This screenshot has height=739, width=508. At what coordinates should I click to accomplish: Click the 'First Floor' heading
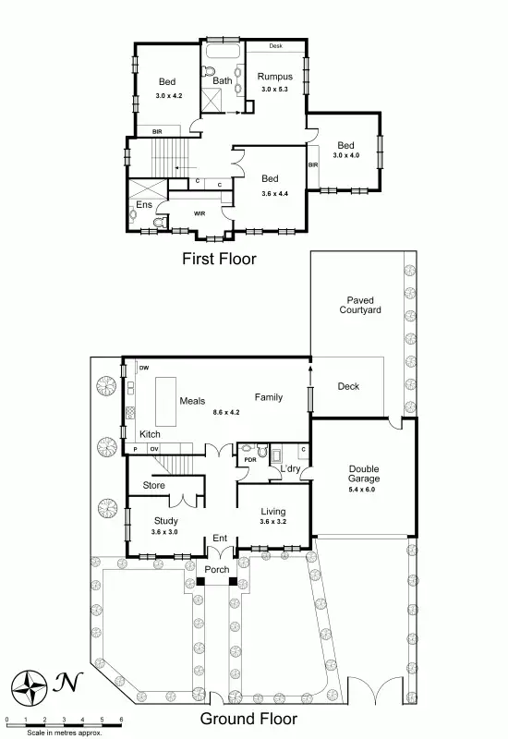[x=218, y=259]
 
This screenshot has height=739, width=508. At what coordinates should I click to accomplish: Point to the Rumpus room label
[x=275, y=77]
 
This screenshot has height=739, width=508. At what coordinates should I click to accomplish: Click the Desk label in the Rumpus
[x=276, y=46]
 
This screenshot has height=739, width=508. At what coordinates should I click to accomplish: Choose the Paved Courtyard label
[x=364, y=306]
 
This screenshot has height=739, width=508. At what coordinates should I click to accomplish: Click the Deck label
[x=348, y=386]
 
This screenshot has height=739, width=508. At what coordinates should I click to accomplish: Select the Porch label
[x=217, y=569]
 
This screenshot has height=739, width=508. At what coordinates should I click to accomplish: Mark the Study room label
[x=165, y=521]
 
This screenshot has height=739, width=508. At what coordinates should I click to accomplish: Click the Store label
[x=154, y=485]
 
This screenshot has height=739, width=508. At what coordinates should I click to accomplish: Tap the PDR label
[x=248, y=459]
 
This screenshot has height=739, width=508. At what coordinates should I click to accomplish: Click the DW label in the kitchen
[x=143, y=369]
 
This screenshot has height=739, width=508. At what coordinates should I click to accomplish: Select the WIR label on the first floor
[x=199, y=214]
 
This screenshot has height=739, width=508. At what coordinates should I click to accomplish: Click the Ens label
[x=143, y=204]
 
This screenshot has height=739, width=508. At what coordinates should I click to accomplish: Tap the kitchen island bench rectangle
[x=165, y=398]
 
